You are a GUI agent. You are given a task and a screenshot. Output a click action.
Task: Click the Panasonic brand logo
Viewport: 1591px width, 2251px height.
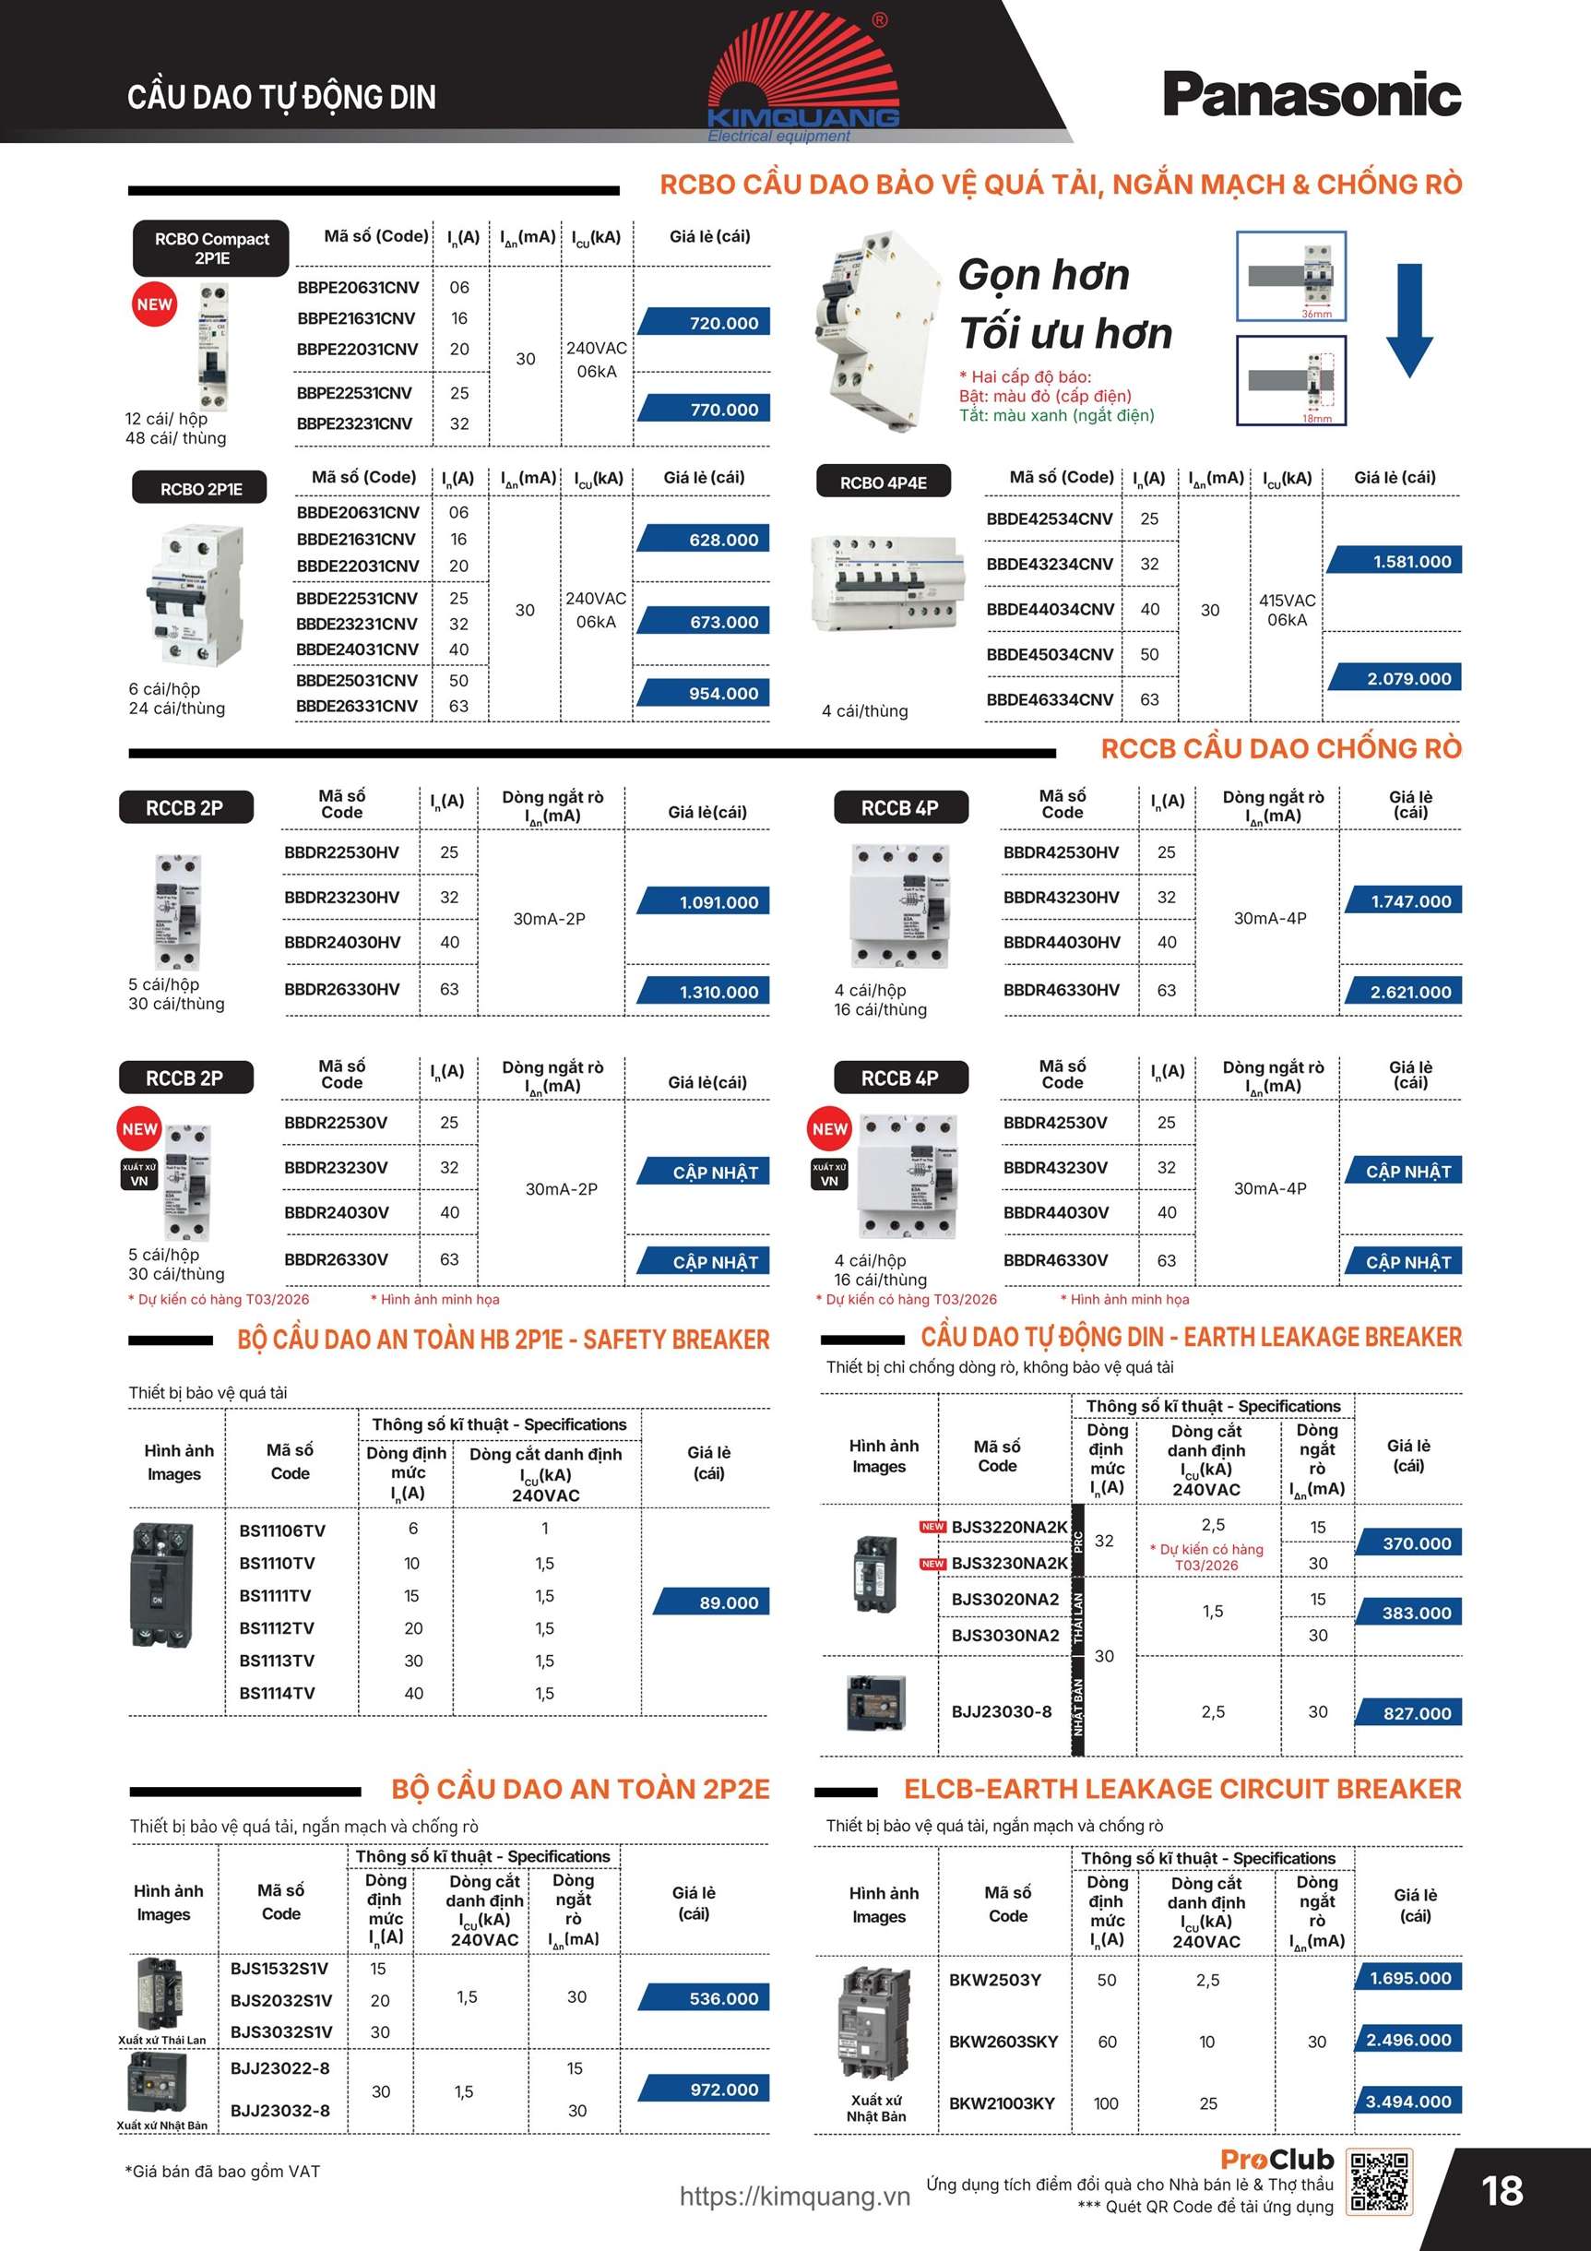coord(1312,95)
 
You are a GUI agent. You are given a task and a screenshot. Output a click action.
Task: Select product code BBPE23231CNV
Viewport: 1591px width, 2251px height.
coord(355,423)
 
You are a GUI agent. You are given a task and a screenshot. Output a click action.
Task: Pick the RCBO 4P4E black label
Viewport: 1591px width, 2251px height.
coord(884,482)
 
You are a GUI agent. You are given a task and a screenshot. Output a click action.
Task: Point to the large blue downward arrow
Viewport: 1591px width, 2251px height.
coord(1408,319)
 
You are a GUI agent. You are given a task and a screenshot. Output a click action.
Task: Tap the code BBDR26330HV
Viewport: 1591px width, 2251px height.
coord(342,989)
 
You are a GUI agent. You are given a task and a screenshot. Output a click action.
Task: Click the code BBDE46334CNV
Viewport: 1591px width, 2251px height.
coord(1050,699)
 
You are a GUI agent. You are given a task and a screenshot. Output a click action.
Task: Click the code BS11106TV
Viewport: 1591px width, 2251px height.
coord(282,1530)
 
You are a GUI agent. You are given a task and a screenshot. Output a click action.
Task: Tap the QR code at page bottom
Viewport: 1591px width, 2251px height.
coord(1379,2182)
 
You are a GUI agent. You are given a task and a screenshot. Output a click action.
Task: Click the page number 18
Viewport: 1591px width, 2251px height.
coord(1502,2191)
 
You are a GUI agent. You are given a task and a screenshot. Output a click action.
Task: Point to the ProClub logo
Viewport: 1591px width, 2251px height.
coord(1277,2158)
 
